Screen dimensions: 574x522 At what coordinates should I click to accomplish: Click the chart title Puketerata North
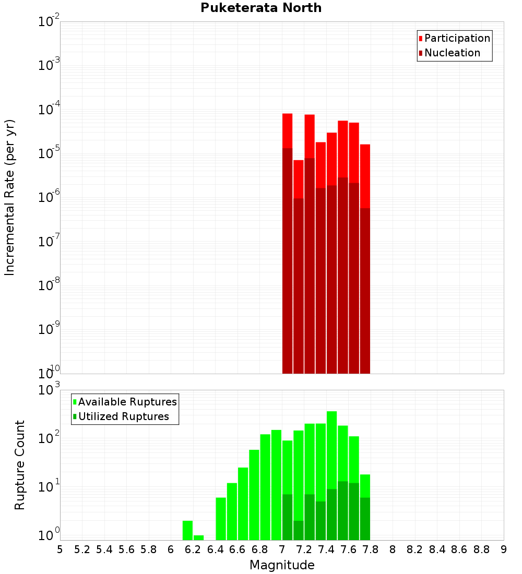coord(261,8)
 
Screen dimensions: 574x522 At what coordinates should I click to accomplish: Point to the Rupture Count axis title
coord(20,465)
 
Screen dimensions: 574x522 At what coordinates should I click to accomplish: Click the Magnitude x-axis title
coord(282,565)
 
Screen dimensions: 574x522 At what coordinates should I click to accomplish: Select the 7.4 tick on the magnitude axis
coord(326,549)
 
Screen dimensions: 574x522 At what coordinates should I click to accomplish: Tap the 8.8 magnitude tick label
coord(481,549)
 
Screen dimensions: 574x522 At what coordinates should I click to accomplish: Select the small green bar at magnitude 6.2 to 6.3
coord(198,537)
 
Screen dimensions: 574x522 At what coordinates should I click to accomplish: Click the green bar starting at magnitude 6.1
coord(187,530)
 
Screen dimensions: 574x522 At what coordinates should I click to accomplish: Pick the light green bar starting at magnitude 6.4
coord(221,519)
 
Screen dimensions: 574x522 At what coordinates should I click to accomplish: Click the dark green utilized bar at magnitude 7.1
coord(298,530)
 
